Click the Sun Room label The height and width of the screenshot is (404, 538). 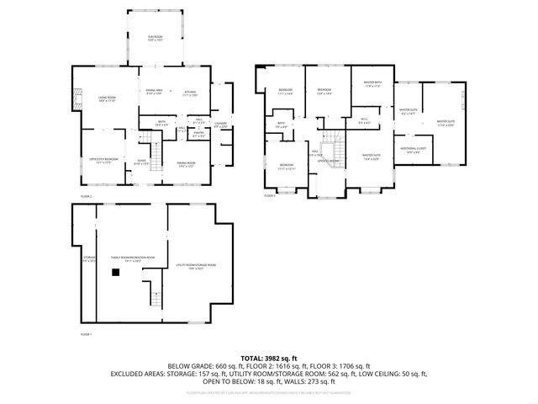click(x=156, y=39)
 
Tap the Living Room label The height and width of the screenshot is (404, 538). click(x=107, y=98)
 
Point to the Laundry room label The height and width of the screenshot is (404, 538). click(x=221, y=125)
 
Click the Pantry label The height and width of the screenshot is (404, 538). click(x=198, y=134)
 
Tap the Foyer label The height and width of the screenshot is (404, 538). click(x=142, y=163)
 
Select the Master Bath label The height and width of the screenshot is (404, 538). click(x=372, y=84)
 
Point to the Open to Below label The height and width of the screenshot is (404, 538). click(x=328, y=160)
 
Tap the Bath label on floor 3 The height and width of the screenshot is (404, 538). click(x=282, y=125)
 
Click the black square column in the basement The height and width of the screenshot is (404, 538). click(x=113, y=272)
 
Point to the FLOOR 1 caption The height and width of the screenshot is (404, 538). click(x=85, y=335)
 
